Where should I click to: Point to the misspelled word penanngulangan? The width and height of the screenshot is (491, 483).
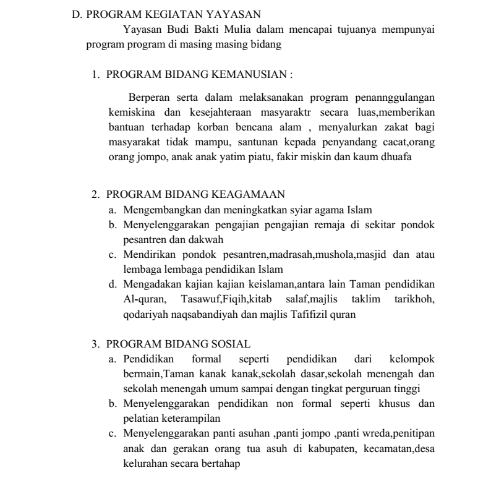(396, 98)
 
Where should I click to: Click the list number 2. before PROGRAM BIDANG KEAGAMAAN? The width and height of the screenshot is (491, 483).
(96, 195)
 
